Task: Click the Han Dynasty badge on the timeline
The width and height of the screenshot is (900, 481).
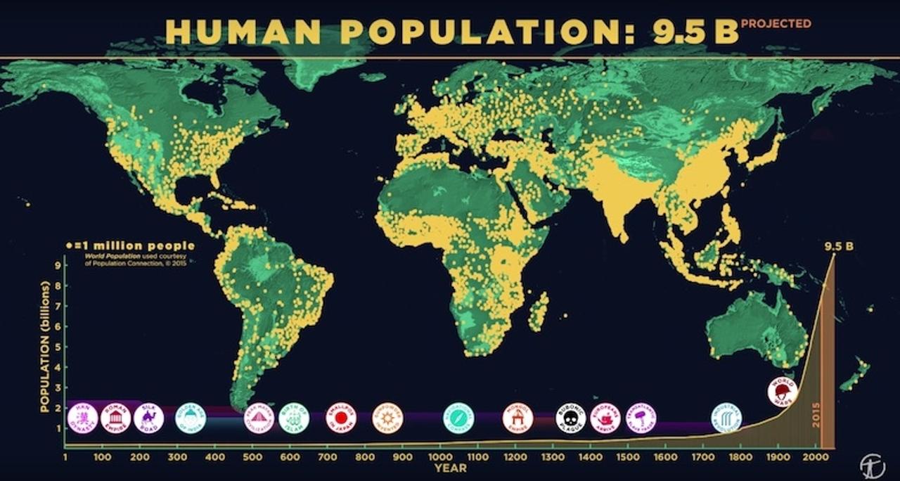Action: click(82, 418)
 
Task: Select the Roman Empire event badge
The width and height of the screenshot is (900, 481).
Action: click(115, 418)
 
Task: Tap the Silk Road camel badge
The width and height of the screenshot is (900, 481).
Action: click(148, 418)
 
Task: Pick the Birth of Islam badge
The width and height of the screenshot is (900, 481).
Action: click(294, 418)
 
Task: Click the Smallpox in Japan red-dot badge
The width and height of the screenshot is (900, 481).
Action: click(341, 418)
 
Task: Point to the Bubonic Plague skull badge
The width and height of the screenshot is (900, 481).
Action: click(570, 418)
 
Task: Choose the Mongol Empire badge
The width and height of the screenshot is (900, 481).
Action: click(517, 418)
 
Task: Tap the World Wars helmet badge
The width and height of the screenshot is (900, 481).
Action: click(782, 391)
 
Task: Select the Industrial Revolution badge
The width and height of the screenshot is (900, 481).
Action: click(726, 418)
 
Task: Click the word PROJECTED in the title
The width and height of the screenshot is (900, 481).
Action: click(776, 23)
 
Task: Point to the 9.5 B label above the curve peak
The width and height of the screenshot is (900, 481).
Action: click(839, 246)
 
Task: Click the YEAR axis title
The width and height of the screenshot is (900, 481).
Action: click(450, 468)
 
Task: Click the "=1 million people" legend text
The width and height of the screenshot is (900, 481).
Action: click(134, 245)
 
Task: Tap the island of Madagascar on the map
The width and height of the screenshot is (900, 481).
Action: click(539, 312)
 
